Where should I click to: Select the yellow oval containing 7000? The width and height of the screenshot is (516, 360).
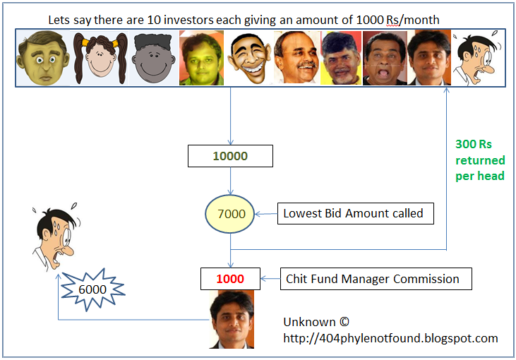click(x=231, y=212)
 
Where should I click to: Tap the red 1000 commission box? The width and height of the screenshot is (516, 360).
click(x=230, y=279)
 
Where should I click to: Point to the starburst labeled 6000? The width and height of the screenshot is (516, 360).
click(x=92, y=289)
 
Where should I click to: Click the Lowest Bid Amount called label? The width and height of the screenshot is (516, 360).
click(x=353, y=212)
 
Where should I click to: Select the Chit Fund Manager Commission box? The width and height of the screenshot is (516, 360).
click(x=376, y=279)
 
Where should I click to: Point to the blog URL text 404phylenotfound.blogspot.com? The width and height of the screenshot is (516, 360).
click(x=390, y=338)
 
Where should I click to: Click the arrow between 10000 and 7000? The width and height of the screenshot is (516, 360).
click(x=231, y=180)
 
